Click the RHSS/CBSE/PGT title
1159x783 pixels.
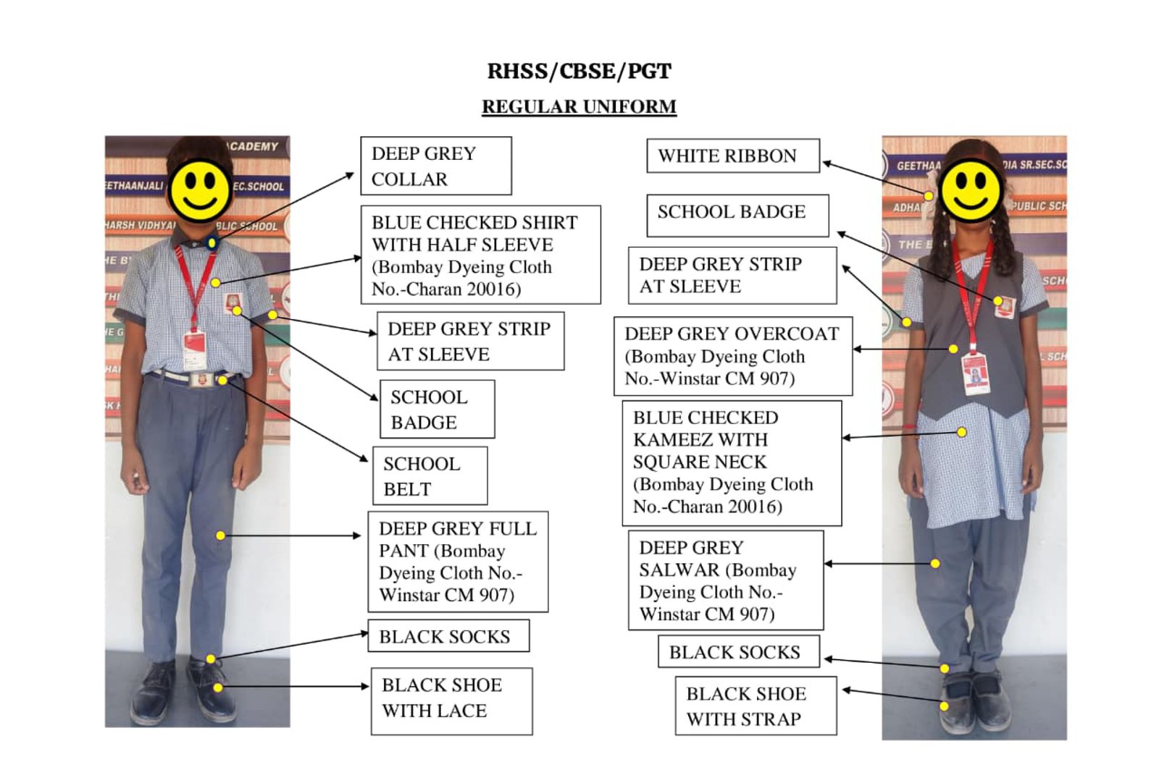point(579,71)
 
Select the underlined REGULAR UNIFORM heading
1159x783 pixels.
point(579,106)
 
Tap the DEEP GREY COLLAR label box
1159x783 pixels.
point(435,166)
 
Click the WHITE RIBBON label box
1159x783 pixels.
point(732,156)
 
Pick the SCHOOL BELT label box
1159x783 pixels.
point(430,475)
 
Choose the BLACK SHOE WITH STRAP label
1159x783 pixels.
point(756,706)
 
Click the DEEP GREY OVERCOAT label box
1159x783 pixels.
point(732,356)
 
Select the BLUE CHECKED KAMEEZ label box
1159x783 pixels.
point(732,462)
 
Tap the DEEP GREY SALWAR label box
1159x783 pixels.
point(726,580)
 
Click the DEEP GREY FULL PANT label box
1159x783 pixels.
point(458,562)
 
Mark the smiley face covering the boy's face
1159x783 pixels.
point(200,190)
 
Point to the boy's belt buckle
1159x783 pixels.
point(204,379)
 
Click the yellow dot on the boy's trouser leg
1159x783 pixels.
point(220,536)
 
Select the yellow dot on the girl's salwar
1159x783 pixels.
point(935,563)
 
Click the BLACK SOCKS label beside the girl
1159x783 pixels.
point(738,651)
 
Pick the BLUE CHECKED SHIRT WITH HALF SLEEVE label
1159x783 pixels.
point(480,255)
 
